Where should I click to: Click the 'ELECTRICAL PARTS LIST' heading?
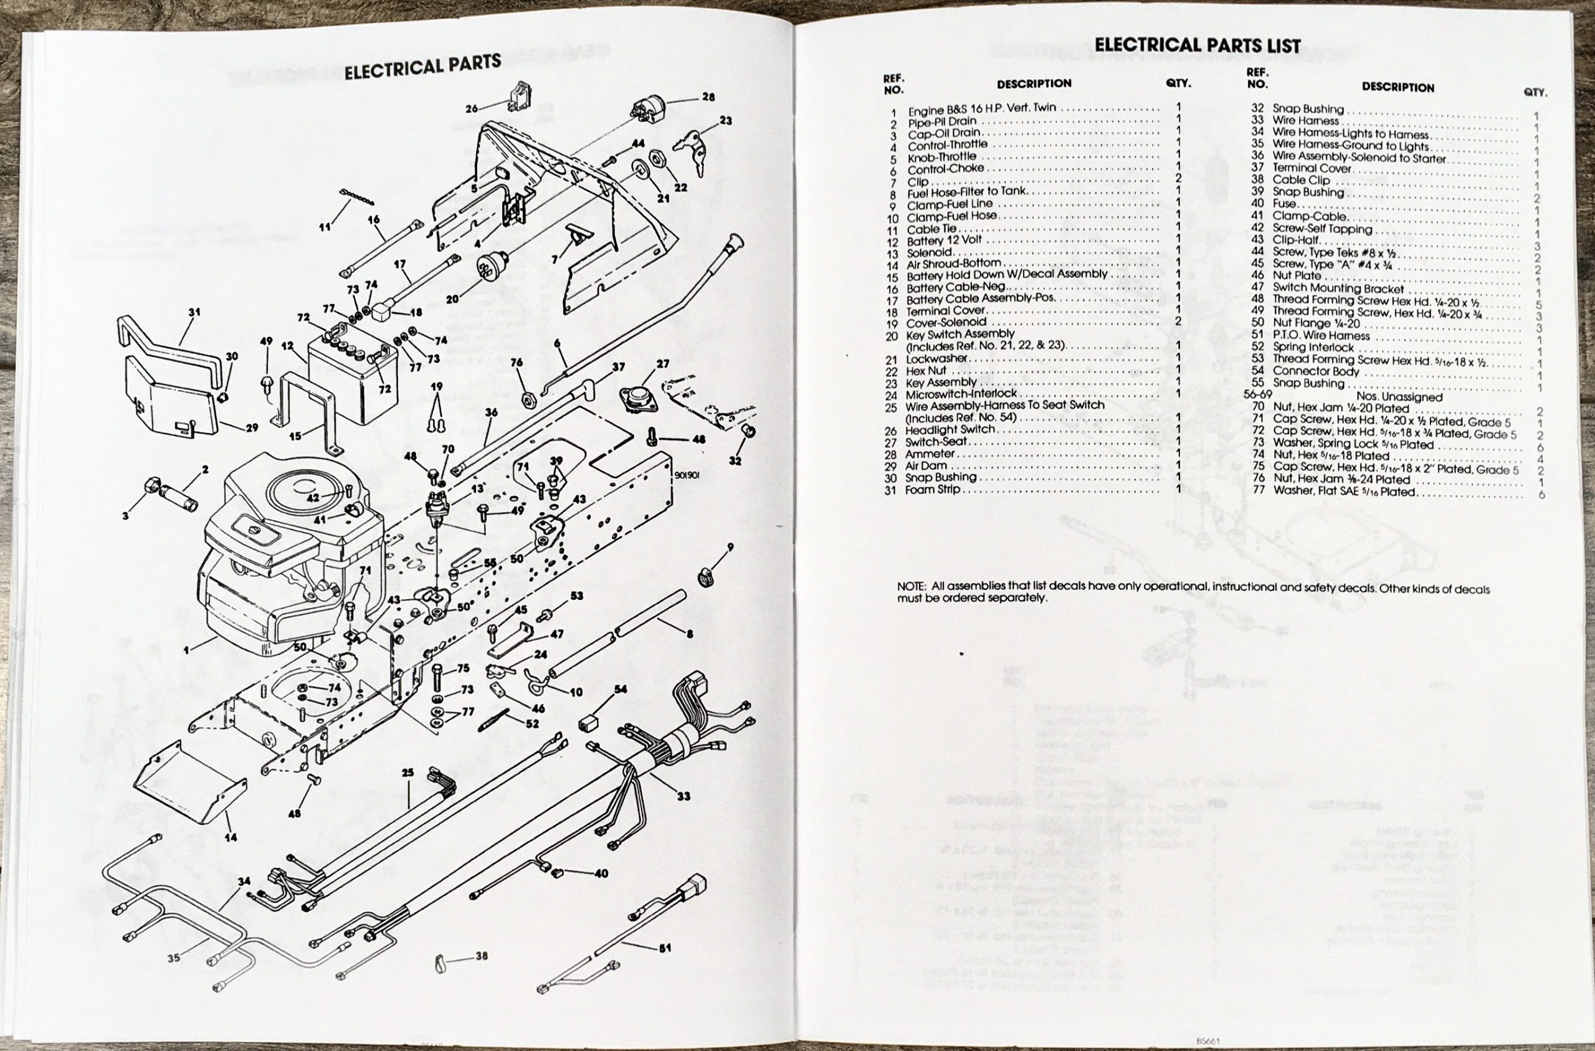click(x=1197, y=45)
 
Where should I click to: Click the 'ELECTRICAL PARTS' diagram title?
click(x=422, y=67)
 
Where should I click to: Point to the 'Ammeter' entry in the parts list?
click(x=930, y=454)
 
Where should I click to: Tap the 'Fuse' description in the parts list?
click(x=1284, y=204)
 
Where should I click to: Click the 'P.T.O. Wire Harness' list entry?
click(x=1321, y=335)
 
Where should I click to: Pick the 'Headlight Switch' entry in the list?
click(x=950, y=430)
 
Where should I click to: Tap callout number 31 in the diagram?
click(x=194, y=312)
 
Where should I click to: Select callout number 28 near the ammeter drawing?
click(x=708, y=97)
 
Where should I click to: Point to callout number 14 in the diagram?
click(x=231, y=837)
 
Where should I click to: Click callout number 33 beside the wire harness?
click(x=683, y=796)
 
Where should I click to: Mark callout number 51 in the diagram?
click(x=665, y=948)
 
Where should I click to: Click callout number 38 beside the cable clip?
click(x=481, y=956)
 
